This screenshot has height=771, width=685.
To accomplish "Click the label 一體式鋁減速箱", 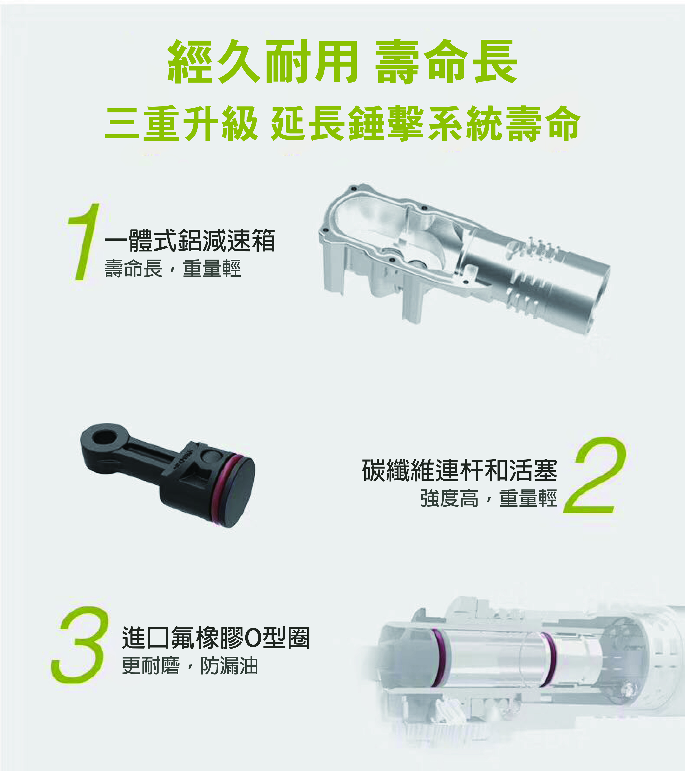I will (190, 240).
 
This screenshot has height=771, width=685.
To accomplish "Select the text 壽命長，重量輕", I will (172, 269).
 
